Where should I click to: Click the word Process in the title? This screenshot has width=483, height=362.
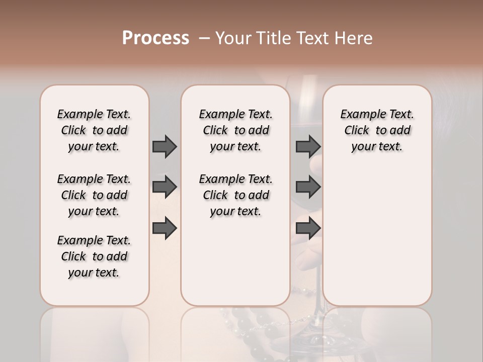point(155,38)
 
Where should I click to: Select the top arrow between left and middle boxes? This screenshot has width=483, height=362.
point(165,146)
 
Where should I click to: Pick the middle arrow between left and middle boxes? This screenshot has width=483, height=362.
point(165,187)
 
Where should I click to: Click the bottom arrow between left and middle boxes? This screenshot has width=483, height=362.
point(165,228)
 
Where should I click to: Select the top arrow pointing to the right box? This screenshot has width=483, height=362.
point(308,146)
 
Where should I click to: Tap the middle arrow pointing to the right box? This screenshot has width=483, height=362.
point(308,187)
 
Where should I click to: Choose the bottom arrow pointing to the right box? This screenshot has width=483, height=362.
point(308,228)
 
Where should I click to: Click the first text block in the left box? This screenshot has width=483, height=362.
point(94,130)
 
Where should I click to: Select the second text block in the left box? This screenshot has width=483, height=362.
point(94,195)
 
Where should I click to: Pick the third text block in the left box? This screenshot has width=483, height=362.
point(94,256)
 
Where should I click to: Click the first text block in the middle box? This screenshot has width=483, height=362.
point(235,130)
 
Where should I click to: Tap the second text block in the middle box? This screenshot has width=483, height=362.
point(235,195)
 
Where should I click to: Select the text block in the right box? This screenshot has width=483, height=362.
point(377,130)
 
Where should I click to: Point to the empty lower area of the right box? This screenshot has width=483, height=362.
point(377,236)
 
